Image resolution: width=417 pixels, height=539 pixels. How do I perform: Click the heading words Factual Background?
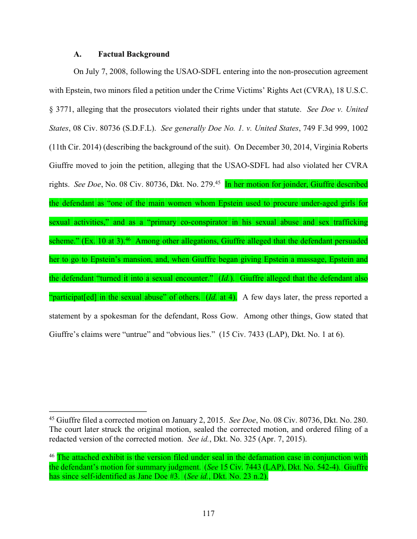coord(134,54)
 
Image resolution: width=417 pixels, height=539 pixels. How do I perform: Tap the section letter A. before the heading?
coord(78,54)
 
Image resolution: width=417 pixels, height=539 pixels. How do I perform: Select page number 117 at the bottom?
coord(208,513)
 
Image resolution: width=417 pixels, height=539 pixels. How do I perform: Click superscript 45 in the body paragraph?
coord(217,182)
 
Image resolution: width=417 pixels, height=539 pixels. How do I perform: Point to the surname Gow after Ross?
coord(227,316)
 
